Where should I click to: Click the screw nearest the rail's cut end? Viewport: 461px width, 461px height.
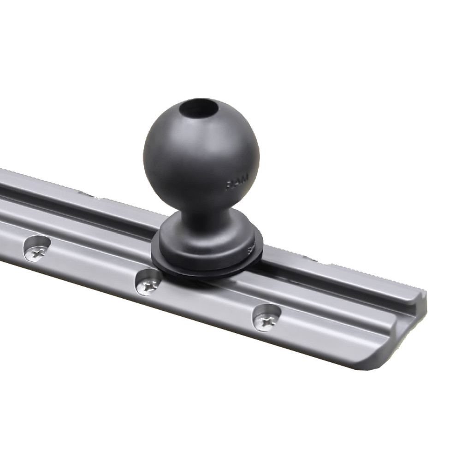click(x=266, y=322)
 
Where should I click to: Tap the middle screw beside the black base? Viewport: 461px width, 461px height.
click(x=149, y=286)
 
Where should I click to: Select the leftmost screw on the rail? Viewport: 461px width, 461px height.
click(x=35, y=252)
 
